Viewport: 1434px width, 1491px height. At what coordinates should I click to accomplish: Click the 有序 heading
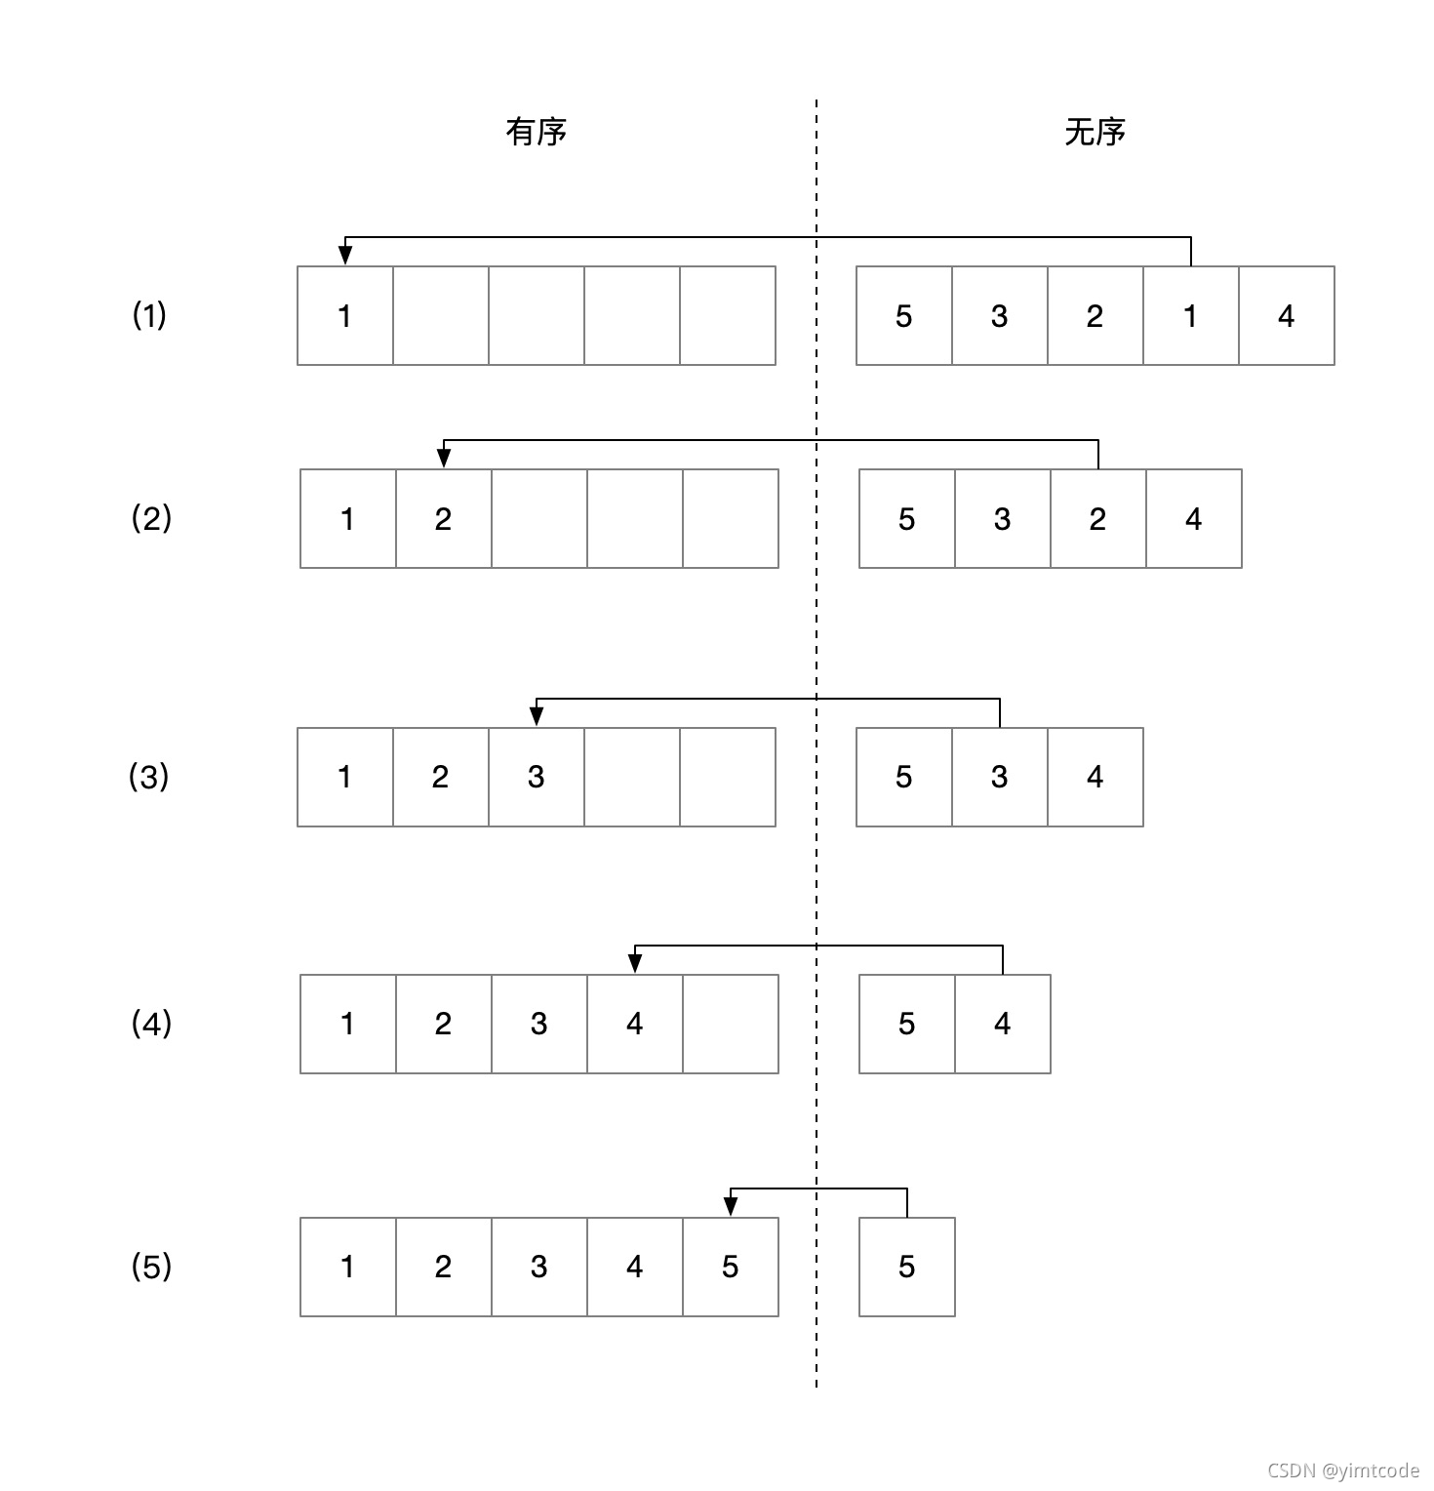tap(536, 132)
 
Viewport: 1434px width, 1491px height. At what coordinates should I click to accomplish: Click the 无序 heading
tap(1095, 132)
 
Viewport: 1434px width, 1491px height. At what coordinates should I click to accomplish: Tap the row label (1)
tap(149, 315)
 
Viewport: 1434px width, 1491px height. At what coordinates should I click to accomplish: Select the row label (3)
tap(149, 777)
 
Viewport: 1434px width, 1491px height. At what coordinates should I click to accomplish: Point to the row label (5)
tap(151, 1267)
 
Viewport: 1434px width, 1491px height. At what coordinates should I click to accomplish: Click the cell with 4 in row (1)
tap(1286, 316)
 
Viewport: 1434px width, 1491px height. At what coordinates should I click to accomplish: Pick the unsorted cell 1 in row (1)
tap(1190, 316)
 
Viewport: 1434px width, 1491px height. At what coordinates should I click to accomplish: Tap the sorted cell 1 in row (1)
tap(344, 316)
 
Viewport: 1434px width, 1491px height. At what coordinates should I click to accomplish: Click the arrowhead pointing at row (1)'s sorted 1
tap(344, 255)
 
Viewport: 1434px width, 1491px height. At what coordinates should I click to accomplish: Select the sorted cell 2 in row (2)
tap(443, 519)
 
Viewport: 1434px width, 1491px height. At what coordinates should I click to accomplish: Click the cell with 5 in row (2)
tap(906, 519)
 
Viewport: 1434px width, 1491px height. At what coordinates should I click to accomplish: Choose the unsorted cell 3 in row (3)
tap(999, 777)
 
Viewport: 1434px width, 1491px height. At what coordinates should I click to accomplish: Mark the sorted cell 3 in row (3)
tap(536, 777)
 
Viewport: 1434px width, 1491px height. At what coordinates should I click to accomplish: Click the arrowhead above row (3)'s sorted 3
tap(537, 716)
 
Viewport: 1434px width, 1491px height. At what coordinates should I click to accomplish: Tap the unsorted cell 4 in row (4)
tap(1002, 1024)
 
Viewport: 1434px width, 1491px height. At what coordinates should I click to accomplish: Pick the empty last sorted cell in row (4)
tap(730, 1024)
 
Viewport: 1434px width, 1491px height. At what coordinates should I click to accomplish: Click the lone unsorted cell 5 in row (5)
tap(906, 1267)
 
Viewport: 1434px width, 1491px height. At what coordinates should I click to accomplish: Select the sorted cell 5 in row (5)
tap(730, 1267)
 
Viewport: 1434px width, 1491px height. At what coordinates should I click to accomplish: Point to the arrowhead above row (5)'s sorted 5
tap(731, 1206)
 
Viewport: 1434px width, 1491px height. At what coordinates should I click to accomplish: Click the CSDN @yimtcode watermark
tap(1343, 1471)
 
